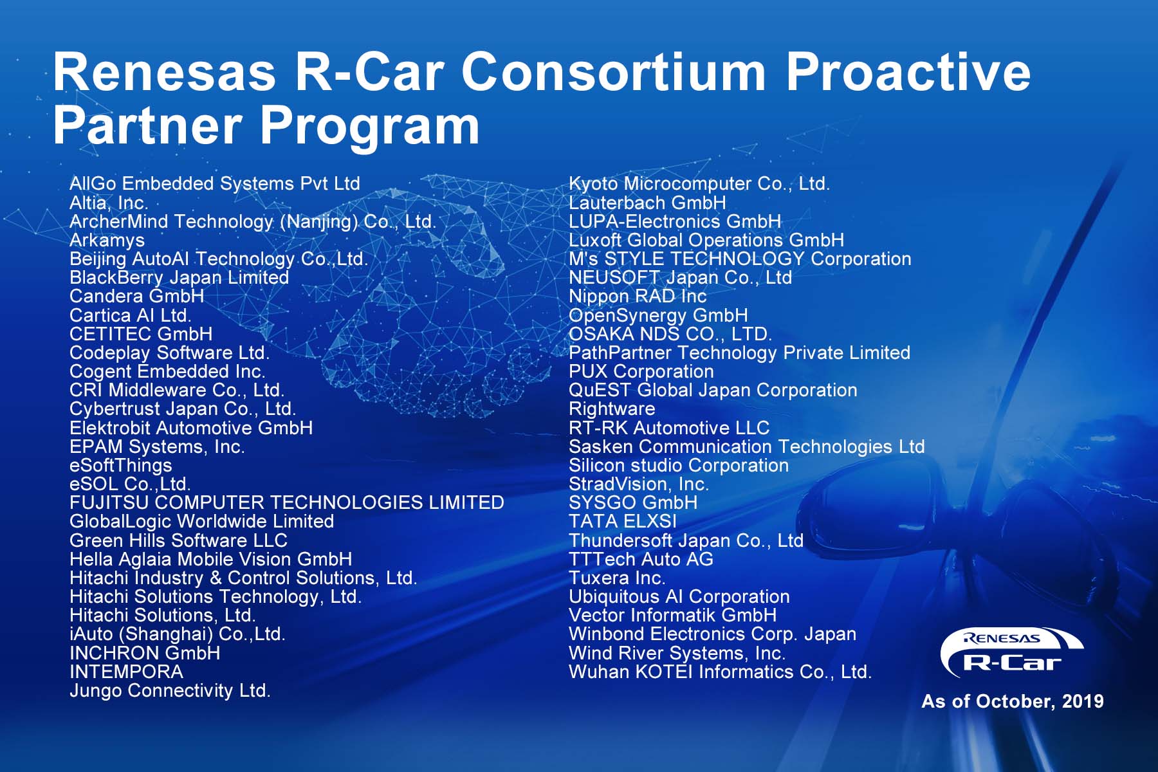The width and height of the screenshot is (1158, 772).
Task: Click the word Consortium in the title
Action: [613, 72]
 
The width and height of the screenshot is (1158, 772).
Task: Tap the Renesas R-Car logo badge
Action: [1011, 653]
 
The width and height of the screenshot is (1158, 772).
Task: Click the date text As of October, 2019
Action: [1012, 701]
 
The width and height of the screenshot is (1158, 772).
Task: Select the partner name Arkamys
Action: [107, 241]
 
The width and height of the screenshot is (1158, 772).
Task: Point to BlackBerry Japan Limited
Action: [179, 278]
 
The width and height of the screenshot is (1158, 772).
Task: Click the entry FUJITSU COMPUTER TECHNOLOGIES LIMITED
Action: [286, 502]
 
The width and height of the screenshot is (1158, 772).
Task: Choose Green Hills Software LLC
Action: [178, 540]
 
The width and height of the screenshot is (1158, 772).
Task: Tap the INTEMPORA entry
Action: [126, 672]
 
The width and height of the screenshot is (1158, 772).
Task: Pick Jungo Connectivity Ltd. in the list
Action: [170, 691]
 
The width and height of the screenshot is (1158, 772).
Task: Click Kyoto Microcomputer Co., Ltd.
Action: [699, 184]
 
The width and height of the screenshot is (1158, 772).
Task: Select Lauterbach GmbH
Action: [647, 203]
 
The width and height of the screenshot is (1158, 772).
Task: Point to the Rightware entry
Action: [611, 409]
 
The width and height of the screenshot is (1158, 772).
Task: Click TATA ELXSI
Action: [622, 521]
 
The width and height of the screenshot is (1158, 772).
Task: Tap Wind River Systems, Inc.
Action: [677, 653]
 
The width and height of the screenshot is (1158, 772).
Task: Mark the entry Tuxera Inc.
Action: [616, 578]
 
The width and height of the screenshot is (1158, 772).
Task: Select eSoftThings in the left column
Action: [120, 465]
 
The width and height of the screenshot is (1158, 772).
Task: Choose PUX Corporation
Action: [641, 372]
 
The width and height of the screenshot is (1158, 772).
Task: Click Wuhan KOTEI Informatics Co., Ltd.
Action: [720, 672]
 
